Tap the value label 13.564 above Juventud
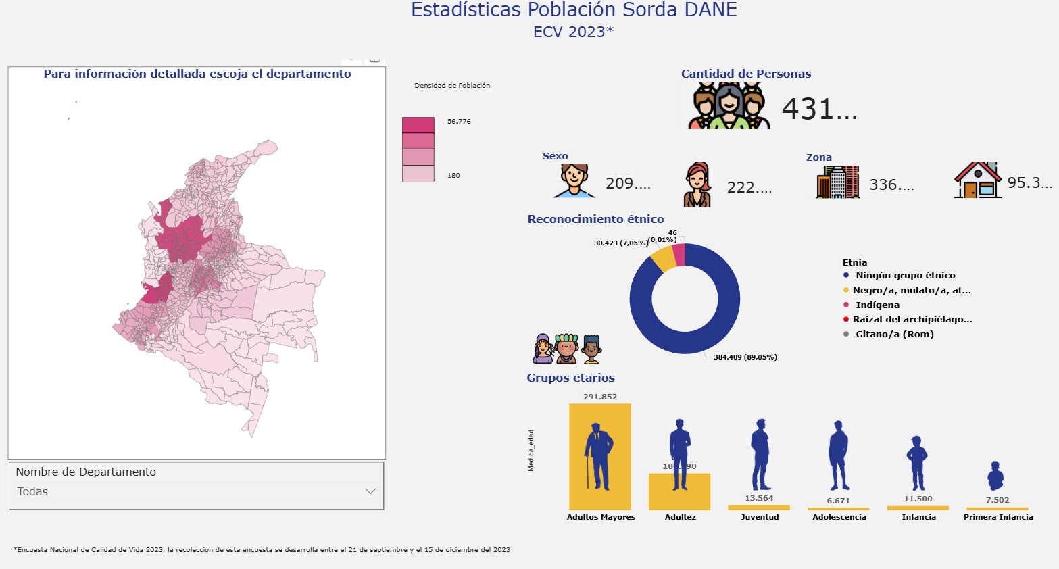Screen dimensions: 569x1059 [x=759, y=498]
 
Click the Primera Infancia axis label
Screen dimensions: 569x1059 [x=998, y=517]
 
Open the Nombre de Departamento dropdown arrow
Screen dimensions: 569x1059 [x=370, y=491]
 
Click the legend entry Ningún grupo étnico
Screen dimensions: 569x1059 [x=905, y=276]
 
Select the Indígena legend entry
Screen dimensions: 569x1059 [x=877, y=305]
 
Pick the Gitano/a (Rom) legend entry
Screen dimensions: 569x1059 [x=894, y=335]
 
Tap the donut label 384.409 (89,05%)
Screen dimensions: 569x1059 [x=745, y=357]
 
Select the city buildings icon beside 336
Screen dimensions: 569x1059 [x=837, y=182]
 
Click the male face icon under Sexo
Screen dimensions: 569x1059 [x=574, y=180]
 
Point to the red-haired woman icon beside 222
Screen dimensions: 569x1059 [x=697, y=184]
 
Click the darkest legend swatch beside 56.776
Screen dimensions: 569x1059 [x=418, y=125]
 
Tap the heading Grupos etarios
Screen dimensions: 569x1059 [x=570, y=378]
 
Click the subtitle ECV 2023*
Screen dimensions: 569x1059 [x=573, y=32]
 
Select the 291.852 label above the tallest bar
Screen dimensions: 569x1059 [x=600, y=397]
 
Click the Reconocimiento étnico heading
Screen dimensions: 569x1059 [x=595, y=219]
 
